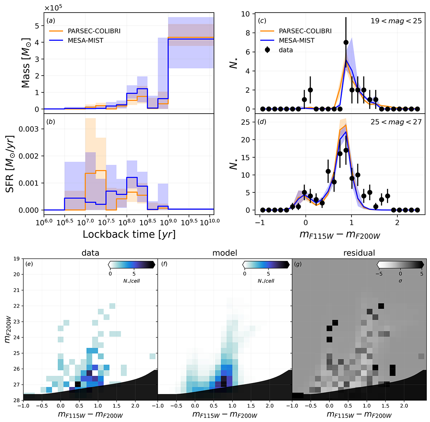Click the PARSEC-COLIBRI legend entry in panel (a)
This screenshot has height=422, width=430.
pos(94,31)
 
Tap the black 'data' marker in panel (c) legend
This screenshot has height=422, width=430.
pos(267,50)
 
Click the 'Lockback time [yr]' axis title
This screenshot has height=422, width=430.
pos(129,234)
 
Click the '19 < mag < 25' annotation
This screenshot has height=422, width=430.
pos(396,21)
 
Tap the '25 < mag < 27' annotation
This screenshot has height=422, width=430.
pos(396,122)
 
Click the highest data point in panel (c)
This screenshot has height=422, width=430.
pos(346,42)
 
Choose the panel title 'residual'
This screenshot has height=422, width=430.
pos(359,253)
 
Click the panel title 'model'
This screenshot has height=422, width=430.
pos(225,253)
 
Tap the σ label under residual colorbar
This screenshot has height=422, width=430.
pos(400,281)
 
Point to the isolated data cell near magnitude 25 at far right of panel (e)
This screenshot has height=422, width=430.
pos(152,356)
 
